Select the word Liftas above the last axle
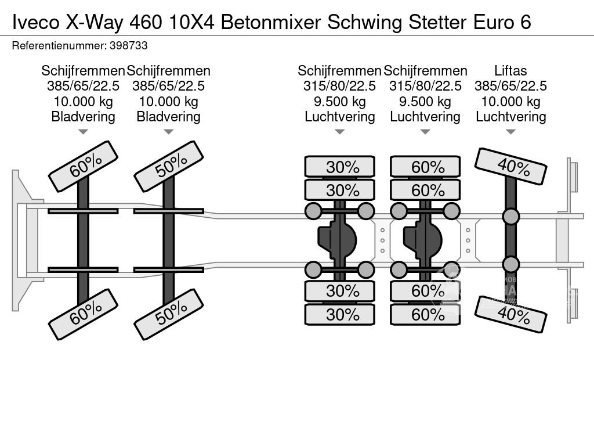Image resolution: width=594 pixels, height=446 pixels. [x=510, y=71]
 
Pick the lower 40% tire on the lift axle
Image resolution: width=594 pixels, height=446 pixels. [x=511, y=314]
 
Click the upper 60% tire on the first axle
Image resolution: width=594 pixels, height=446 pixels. [x=83, y=166]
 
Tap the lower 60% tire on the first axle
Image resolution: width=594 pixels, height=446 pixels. [x=83, y=315]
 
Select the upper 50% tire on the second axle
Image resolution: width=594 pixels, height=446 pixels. [x=168, y=166]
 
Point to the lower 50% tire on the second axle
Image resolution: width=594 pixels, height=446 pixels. [x=168, y=315]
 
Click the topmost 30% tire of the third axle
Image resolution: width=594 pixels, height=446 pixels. [x=340, y=167]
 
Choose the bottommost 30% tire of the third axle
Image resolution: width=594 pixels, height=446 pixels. [x=340, y=314]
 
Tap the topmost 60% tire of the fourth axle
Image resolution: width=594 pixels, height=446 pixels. [x=425, y=167]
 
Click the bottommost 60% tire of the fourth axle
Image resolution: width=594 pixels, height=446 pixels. [x=425, y=314]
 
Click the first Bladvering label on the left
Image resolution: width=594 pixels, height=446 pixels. [x=83, y=117]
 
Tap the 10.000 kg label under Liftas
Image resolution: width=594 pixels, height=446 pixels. [x=510, y=102]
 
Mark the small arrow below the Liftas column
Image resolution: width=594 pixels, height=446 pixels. [x=510, y=132]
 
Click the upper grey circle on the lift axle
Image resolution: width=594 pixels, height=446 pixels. [x=510, y=217]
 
